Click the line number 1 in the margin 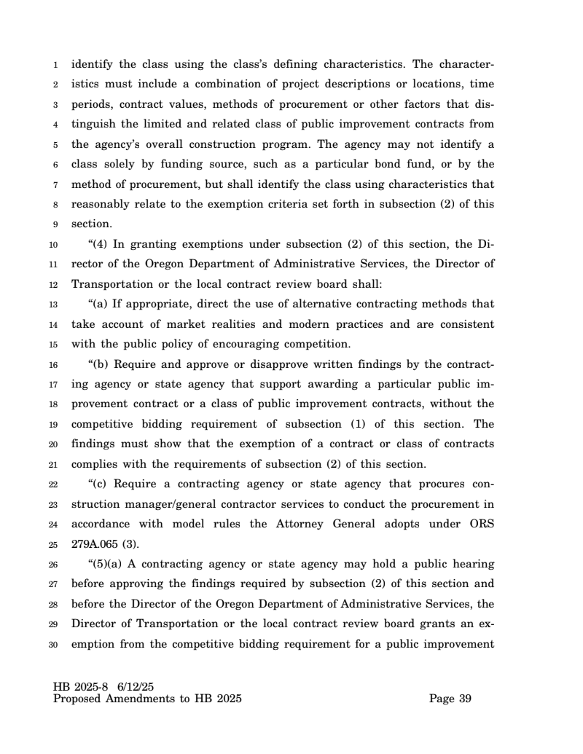click(56, 64)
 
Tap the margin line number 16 click(53, 364)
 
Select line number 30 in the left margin click(53, 643)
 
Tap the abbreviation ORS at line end click(480, 524)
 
